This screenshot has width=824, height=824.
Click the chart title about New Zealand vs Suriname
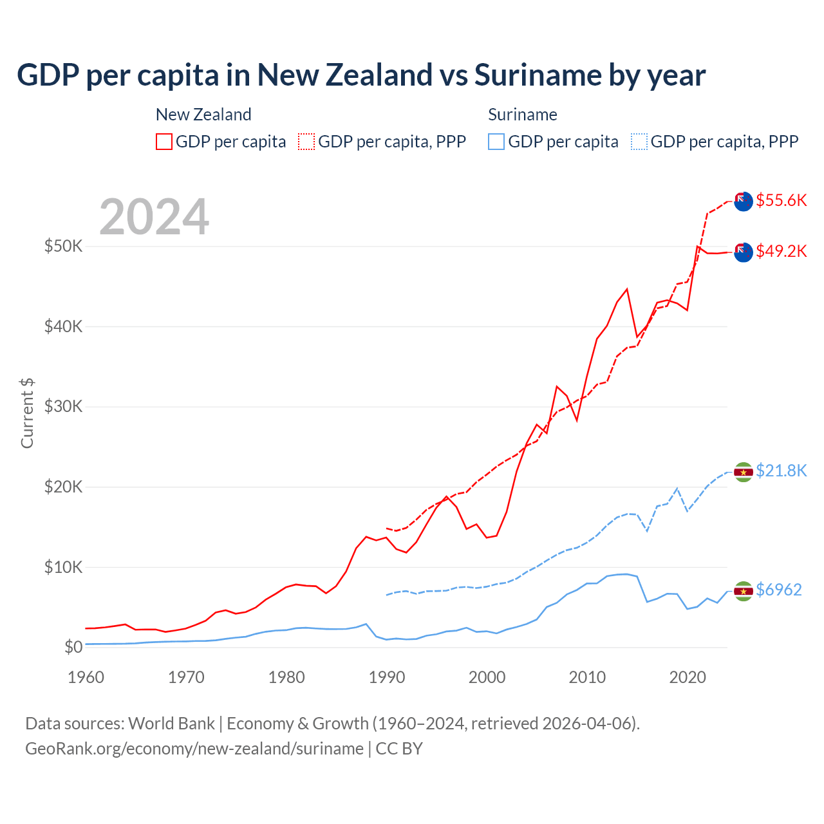click(x=361, y=75)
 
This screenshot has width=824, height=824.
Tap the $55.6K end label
click(x=781, y=200)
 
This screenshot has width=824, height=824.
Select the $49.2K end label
click(x=781, y=251)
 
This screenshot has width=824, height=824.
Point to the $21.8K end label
click(x=781, y=471)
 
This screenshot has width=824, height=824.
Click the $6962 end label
click(x=778, y=590)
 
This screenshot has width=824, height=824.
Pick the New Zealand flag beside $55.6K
click(x=744, y=201)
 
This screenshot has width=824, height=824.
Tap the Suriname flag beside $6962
click(x=744, y=590)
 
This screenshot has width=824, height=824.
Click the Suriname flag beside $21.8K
click(x=744, y=472)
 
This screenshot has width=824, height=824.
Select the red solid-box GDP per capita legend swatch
click(x=164, y=142)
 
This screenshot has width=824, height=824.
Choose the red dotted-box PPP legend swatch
click(x=306, y=142)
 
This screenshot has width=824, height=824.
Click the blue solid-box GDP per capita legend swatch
click(x=496, y=142)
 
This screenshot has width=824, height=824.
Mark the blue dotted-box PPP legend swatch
click(x=639, y=142)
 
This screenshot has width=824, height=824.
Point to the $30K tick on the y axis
click(x=63, y=406)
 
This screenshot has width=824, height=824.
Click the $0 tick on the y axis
click(x=73, y=647)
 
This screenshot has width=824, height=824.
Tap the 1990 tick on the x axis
click(x=387, y=677)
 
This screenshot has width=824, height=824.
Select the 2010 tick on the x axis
click(x=587, y=677)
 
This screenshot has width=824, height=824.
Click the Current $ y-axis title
click(x=27, y=413)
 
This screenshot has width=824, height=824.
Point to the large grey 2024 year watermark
click(x=154, y=217)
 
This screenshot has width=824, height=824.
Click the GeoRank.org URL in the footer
click(x=194, y=749)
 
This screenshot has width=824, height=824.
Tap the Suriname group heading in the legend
click(x=522, y=115)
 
